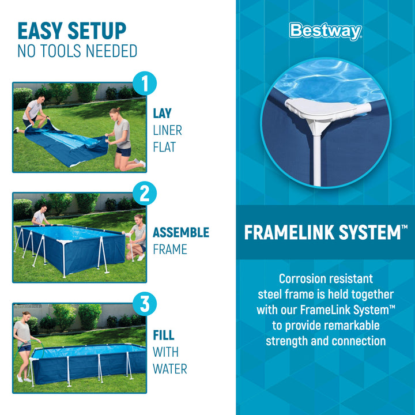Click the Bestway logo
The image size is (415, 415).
click(x=325, y=31)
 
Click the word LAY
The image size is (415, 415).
click(x=162, y=114)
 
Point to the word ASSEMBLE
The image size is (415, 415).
click(x=181, y=233)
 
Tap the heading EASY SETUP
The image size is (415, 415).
click(x=72, y=31)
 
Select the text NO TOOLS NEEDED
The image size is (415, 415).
click(x=77, y=51)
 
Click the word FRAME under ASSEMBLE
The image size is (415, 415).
click(x=170, y=250)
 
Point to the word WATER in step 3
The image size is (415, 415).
click(x=169, y=369)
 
